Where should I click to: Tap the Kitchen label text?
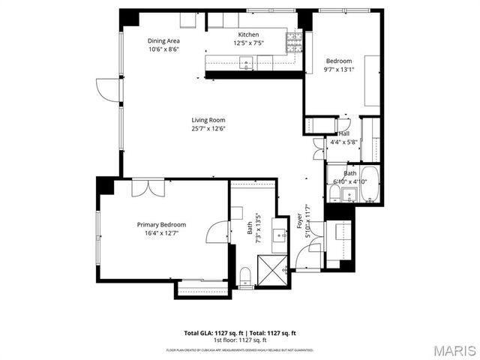[x=248, y=35]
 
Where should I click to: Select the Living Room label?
[x=208, y=120]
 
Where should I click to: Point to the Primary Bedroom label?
[x=161, y=224]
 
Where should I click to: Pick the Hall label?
[x=343, y=133]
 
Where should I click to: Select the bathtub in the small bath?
[x=367, y=194]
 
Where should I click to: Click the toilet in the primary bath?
[x=245, y=276]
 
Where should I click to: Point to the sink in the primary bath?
[x=282, y=235]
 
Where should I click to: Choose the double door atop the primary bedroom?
[x=147, y=187]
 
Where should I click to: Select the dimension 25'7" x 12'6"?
[x=208, y=128]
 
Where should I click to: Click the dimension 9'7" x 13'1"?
[x=338, y=70]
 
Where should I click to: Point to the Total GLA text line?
[x=240, y=332]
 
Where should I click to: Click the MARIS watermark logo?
[x=454, y=350]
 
